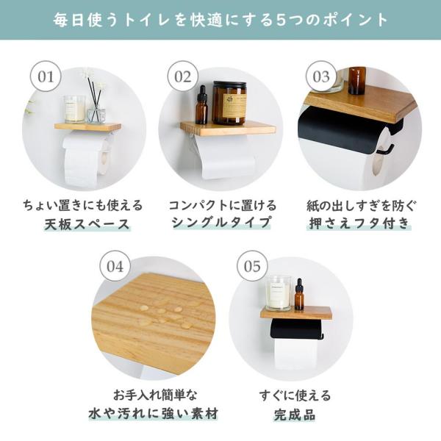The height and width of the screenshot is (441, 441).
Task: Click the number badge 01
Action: (46, 76)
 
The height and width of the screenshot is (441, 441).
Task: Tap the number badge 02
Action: (183, 76)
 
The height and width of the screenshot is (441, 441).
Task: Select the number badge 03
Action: (321, 76)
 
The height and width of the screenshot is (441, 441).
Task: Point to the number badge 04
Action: (115, 266)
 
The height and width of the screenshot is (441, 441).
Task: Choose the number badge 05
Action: (252, 266)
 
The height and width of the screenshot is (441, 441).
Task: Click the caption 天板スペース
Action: (87, 224)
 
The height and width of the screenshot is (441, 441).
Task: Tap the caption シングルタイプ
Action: (222, 223)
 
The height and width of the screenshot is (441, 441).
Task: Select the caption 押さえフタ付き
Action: (359, 223)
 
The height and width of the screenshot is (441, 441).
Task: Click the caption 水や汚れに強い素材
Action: (154, 414)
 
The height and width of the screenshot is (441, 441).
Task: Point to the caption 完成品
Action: (295, 415)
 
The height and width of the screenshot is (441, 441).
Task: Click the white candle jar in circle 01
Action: (74, 109)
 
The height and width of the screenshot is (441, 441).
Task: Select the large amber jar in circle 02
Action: (229, 103)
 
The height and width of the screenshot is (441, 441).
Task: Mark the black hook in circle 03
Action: (387, 149)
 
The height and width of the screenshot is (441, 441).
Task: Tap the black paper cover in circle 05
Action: (296, 329)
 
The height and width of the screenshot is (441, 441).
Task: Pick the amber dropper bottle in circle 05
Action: (299, 295)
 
